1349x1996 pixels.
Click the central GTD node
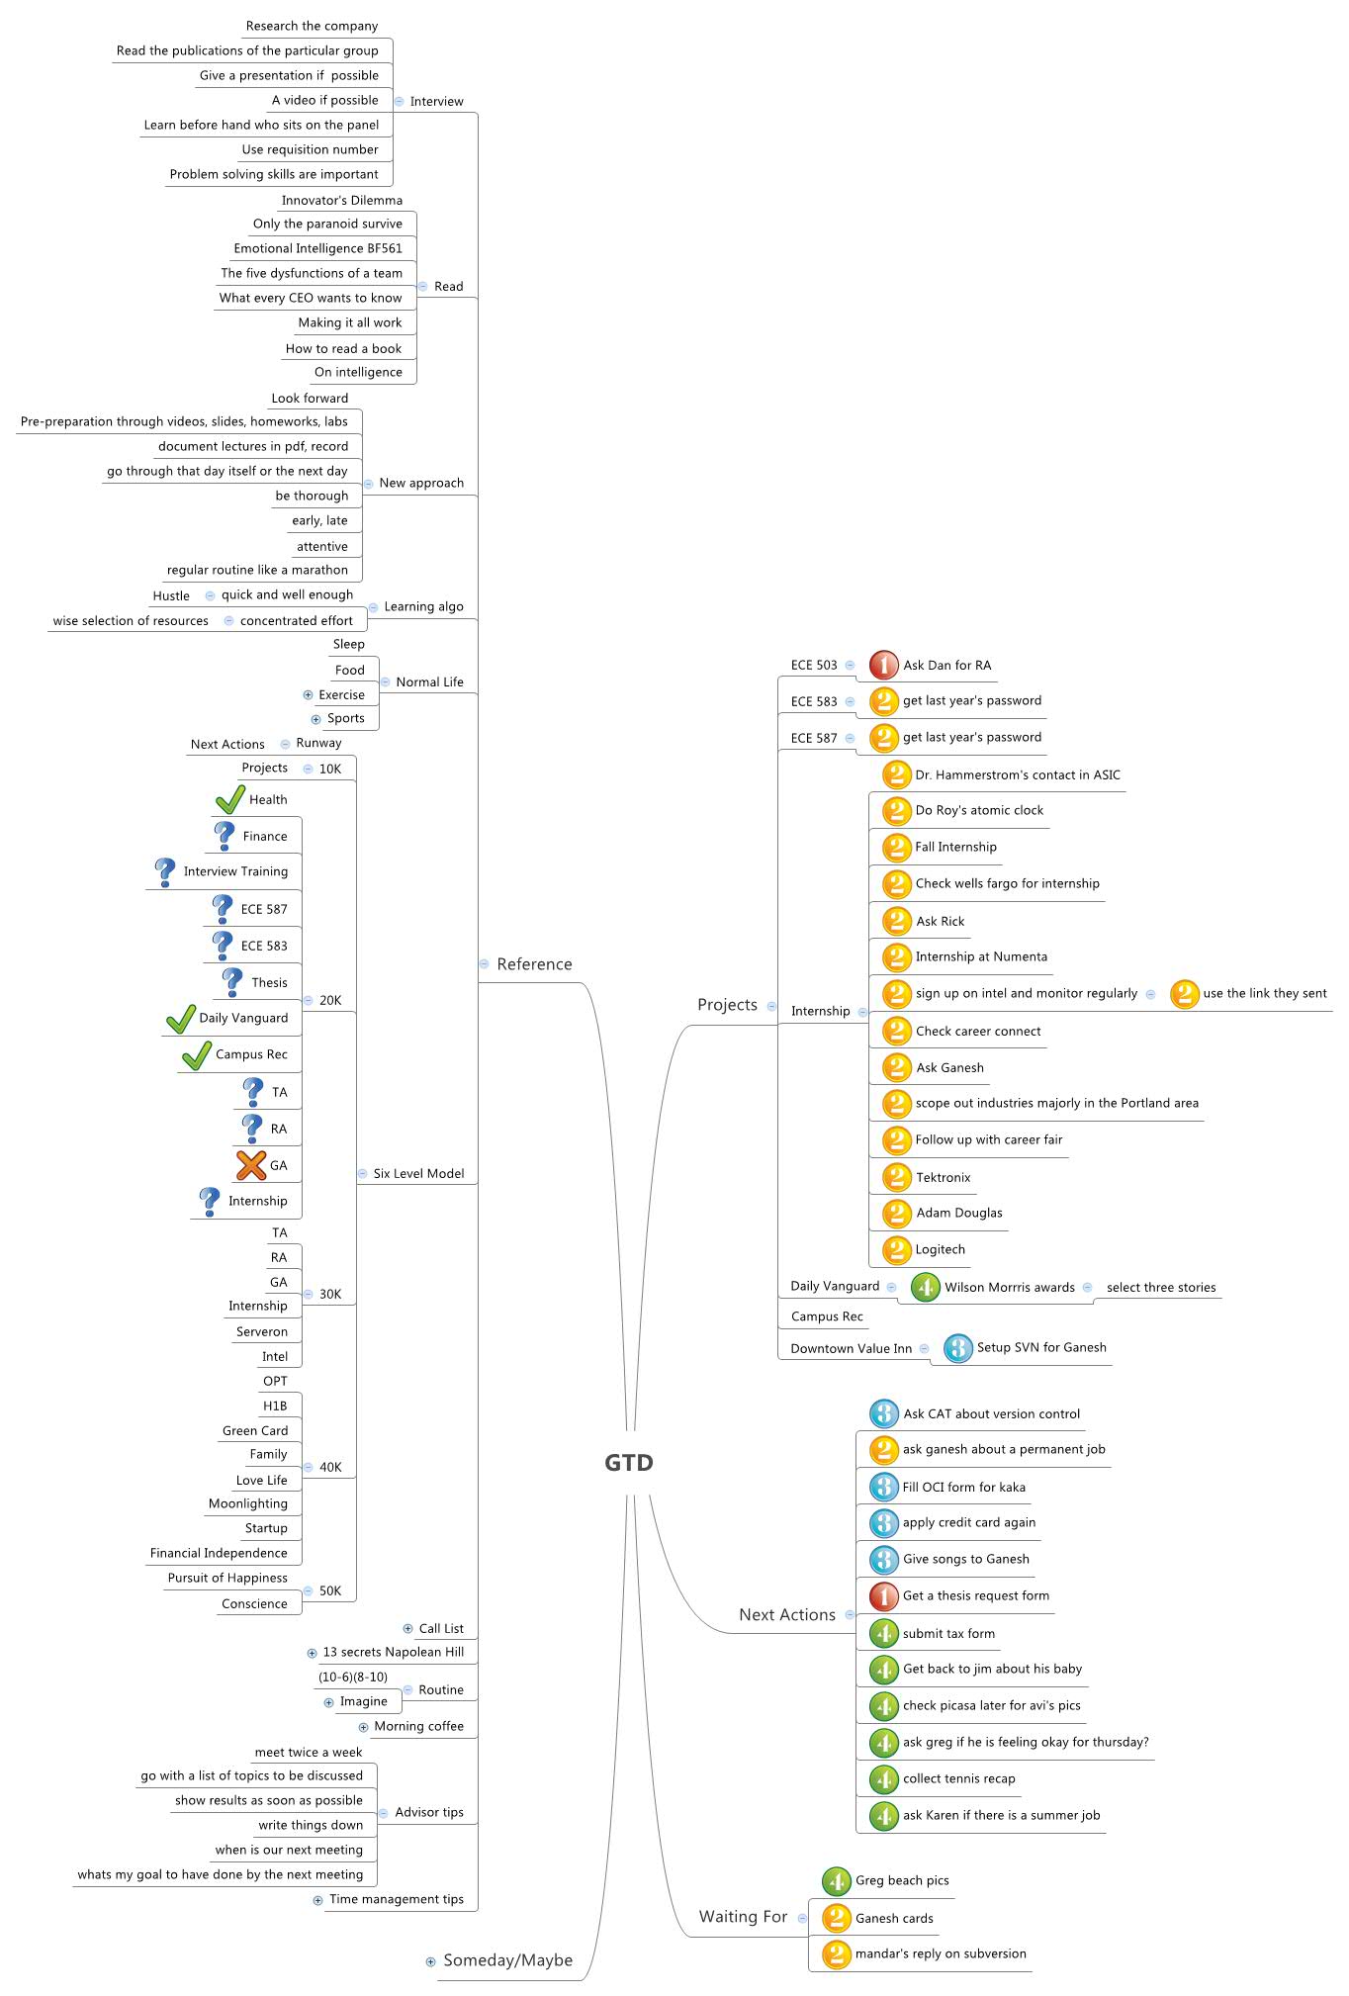click(629, 1463)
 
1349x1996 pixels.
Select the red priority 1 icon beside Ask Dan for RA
click(883, 666)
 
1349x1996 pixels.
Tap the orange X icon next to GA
click(251, 1165)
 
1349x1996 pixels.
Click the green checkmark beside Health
click(230, 799)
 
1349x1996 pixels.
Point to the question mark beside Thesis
click(231, 982)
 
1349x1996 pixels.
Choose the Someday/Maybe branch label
click(507, 1960)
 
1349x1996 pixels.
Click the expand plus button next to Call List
click(407, 1628)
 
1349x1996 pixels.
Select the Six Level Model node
click(418, 1173)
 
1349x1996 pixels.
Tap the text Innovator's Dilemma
click(342, 200)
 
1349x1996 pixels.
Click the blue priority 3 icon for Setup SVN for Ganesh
click(957, 1348)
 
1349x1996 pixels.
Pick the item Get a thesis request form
click(975, 1595)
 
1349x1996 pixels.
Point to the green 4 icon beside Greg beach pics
click(837, 1880)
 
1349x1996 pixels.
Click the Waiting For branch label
click(743, 1916)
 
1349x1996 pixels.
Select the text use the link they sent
click(1264, 993)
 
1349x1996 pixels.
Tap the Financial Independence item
click(219, 1553)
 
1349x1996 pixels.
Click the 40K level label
click(330, 1467)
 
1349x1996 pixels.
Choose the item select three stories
click(1161, 1287)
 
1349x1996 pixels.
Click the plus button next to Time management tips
click(317, 1899)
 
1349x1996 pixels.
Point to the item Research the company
click(312, 26)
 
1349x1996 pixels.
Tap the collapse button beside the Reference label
click(484, 963)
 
